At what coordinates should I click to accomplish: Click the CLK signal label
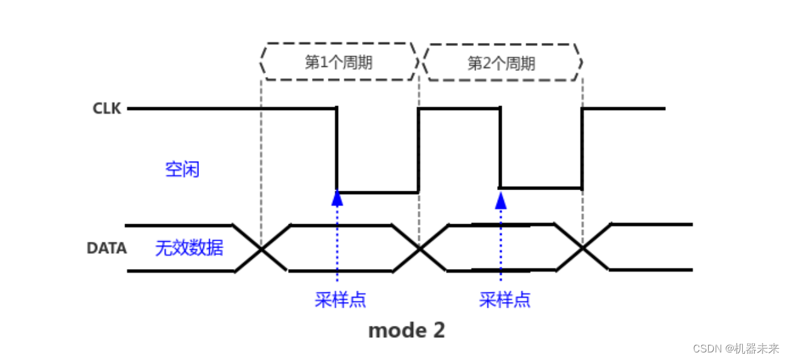coord(107,109)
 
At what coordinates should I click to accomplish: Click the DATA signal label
coord(106,249)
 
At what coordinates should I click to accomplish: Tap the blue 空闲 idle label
coord(182,169)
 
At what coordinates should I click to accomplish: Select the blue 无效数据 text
coord(189,248)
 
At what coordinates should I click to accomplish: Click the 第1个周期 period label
coord(339,63)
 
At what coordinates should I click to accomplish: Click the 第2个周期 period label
coord(502,63)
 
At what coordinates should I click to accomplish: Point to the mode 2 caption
coord(406,330)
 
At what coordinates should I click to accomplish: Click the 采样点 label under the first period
coord(340,299)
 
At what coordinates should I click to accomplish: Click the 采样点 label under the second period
coord(505,299)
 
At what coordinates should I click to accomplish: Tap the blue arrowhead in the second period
coord(501,200)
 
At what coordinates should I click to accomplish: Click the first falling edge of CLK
coord(336,150)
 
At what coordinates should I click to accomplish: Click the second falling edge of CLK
coord(500,148)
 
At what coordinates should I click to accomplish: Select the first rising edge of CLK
coord(418,150)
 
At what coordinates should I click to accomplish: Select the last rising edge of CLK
coord(582,148)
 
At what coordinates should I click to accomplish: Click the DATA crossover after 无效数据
coord(261,249)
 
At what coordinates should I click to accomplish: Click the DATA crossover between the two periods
coord(419,249)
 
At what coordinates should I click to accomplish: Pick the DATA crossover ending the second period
coord(582,249)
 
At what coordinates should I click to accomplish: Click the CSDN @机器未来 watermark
coord(735,348)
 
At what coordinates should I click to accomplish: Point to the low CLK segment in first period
coord(377,192)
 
